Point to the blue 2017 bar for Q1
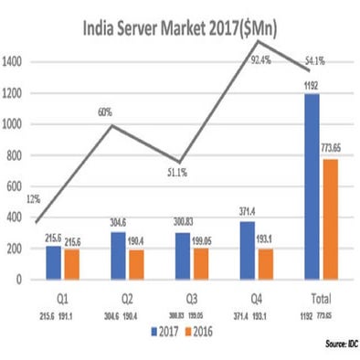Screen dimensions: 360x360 (x=52, y=262)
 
